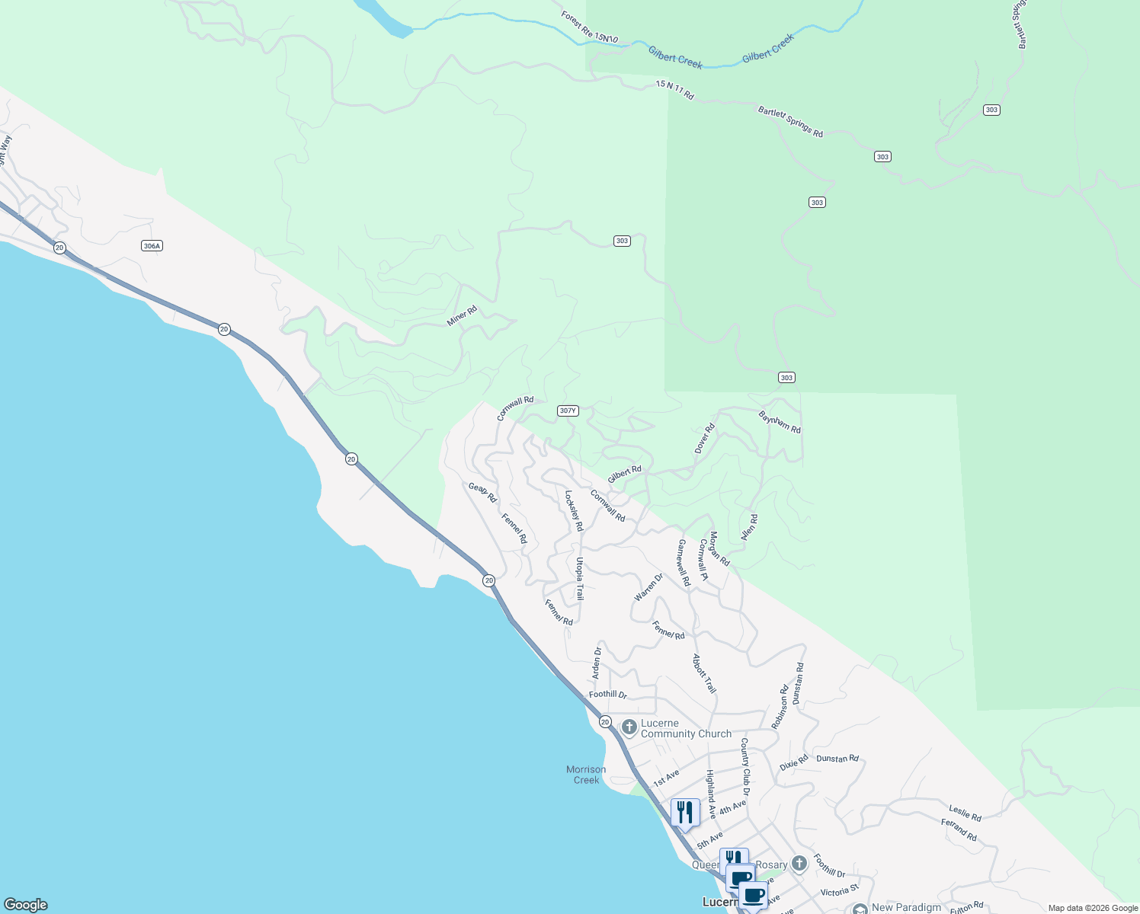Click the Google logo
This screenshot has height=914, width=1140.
coord(26,905)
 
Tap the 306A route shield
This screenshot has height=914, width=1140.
coord(152,246)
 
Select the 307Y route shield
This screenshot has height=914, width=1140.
coord(568,411)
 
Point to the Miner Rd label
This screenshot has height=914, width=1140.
coord(462,316)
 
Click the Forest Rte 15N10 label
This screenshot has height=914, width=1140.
coord(590,27)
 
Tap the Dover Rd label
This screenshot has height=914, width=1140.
coord(705,439)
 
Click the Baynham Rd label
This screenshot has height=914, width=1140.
coord(780,422)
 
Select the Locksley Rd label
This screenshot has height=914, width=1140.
coord(574,510)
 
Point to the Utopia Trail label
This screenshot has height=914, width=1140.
coord(580,579)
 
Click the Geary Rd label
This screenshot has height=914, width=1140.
coord(482,493)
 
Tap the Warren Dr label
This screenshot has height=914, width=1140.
coord(648,587)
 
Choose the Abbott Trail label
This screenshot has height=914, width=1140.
coord(704,673)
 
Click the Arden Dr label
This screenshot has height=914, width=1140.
coord(597,663)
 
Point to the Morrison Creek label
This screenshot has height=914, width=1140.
coord(586,775)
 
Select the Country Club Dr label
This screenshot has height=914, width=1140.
coord(745,766)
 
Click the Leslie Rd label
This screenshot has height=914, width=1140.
coord(965,813)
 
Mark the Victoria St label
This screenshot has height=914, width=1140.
coord(840,891)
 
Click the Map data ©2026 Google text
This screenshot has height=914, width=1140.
coord(1093,908)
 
